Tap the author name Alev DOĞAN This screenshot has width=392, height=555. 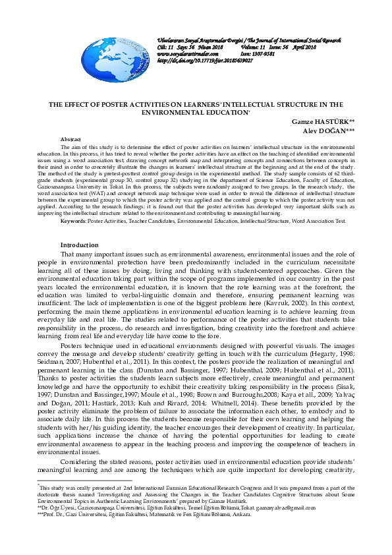(x=328, y=131)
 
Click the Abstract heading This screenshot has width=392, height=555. (x=70, y=140)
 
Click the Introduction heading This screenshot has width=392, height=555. (x=79, y=245)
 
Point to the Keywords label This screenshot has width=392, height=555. (x=73, y=220)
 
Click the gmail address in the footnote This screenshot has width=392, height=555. (x=293, y=507)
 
